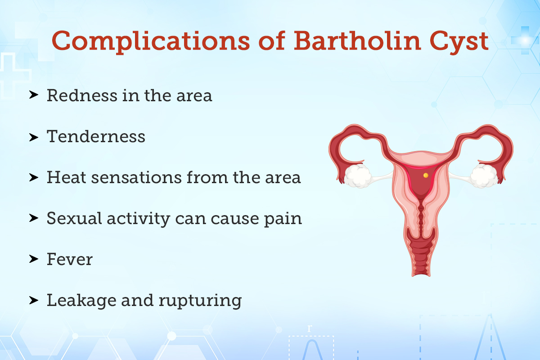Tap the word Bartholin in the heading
coord(352,40)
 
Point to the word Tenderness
coord(96,136)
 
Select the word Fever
coord(69,259)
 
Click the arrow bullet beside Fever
coord(33,260)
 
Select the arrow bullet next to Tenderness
coord(33,137)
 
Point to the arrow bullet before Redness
coord(33,96)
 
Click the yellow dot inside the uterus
coord(426,174)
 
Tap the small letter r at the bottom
coord(309,328)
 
